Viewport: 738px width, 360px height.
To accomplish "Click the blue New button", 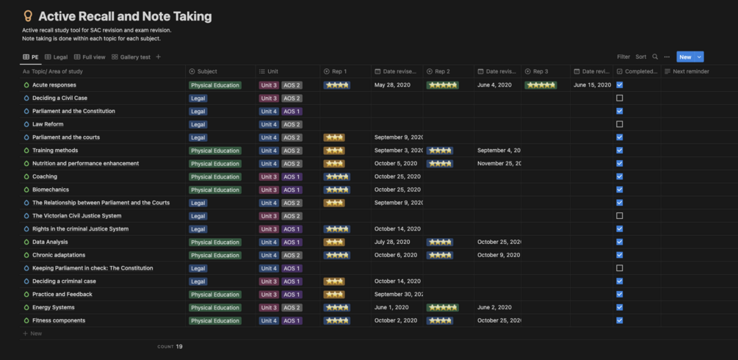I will click(x=684, y=57).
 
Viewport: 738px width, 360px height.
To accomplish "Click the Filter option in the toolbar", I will click(x=623, y=57).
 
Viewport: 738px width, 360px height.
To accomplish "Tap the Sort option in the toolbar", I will click(x=641, y=57).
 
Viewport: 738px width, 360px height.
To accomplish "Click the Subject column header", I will click(x=207, y=71).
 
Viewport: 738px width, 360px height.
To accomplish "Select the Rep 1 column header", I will click(x=339, y=71).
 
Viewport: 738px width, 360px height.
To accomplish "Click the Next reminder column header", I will click(x=690, y=71).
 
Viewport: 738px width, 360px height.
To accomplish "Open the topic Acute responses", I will click(x=54, y=85).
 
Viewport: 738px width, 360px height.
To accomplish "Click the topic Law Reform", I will click(x=48, y=124).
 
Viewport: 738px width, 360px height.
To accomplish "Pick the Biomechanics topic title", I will click(x=51, y=190).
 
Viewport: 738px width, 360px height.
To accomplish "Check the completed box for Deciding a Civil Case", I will click(x=620, y=98).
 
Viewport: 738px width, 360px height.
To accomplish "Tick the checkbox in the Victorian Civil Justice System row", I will click(x=620, y=216).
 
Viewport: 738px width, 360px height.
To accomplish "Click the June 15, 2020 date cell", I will click(x=592, y=85).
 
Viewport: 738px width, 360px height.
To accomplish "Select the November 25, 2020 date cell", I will click(x=499, y=164).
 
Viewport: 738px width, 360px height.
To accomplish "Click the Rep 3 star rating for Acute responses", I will click(x=540, y=85).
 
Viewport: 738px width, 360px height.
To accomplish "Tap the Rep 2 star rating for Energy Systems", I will click(x=443, y=308).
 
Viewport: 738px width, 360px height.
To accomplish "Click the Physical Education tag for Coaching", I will click(x=215, y=177).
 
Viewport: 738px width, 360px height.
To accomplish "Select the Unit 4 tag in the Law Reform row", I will click(x=269, y=124).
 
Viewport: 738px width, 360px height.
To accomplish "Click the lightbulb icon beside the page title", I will click(x=28, y=16).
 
